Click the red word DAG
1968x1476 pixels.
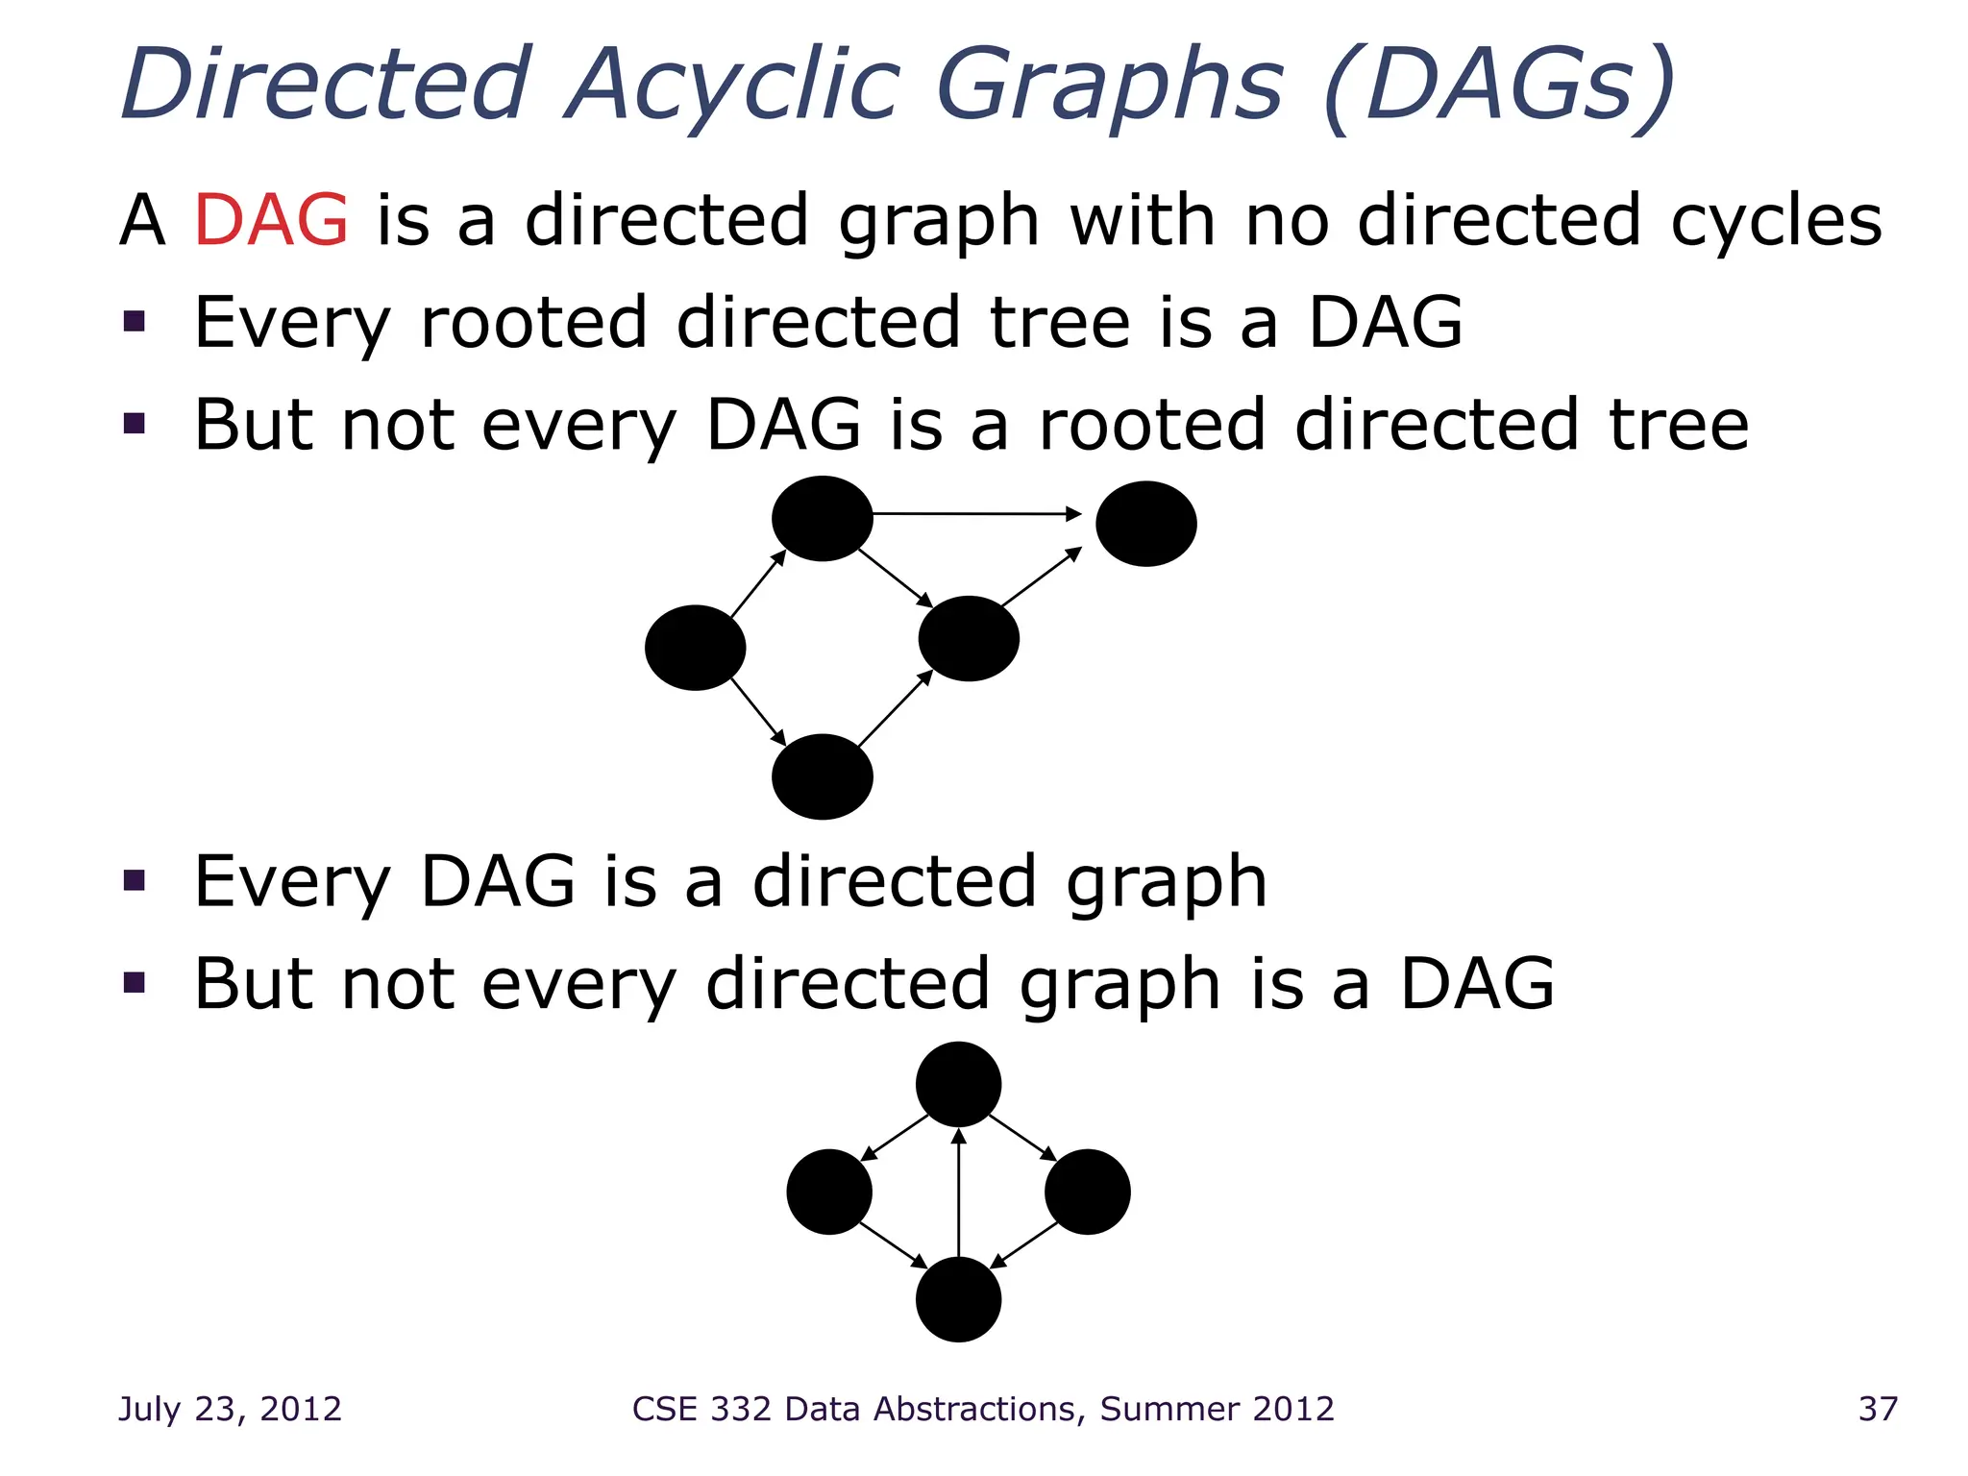pyautogui.click(x=271, y=221)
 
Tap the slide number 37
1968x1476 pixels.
pyautogui.click(x=1878, y=1409)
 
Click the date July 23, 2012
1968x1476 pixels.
pyautogui.click(x=230, y=1409)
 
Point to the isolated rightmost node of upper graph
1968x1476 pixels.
pyautogui.click(x=1145, y=524)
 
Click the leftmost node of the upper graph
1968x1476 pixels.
pyautogui.click(x=695, y=647)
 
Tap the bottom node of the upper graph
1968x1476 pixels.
pyautogui.click(x=822, y=776)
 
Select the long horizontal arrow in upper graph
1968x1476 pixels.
pyautogui.click(x=975, y=514)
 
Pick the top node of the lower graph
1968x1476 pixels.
pyautogui.click(x=958, y=1084)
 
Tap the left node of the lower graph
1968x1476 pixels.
pyautogui.click(x=828, y=1192)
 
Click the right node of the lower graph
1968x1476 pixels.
pyautogui.click(x=1087, y=1192)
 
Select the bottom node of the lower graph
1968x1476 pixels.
pyautogui.click(x=958, y=1299)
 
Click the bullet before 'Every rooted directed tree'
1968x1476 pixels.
pyautogui.click(x=135, y=321)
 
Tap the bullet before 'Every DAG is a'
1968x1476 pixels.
pyautogui.click(x=135, y=880)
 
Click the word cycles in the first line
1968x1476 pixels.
pyautogui.click(x=1776, y=221)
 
